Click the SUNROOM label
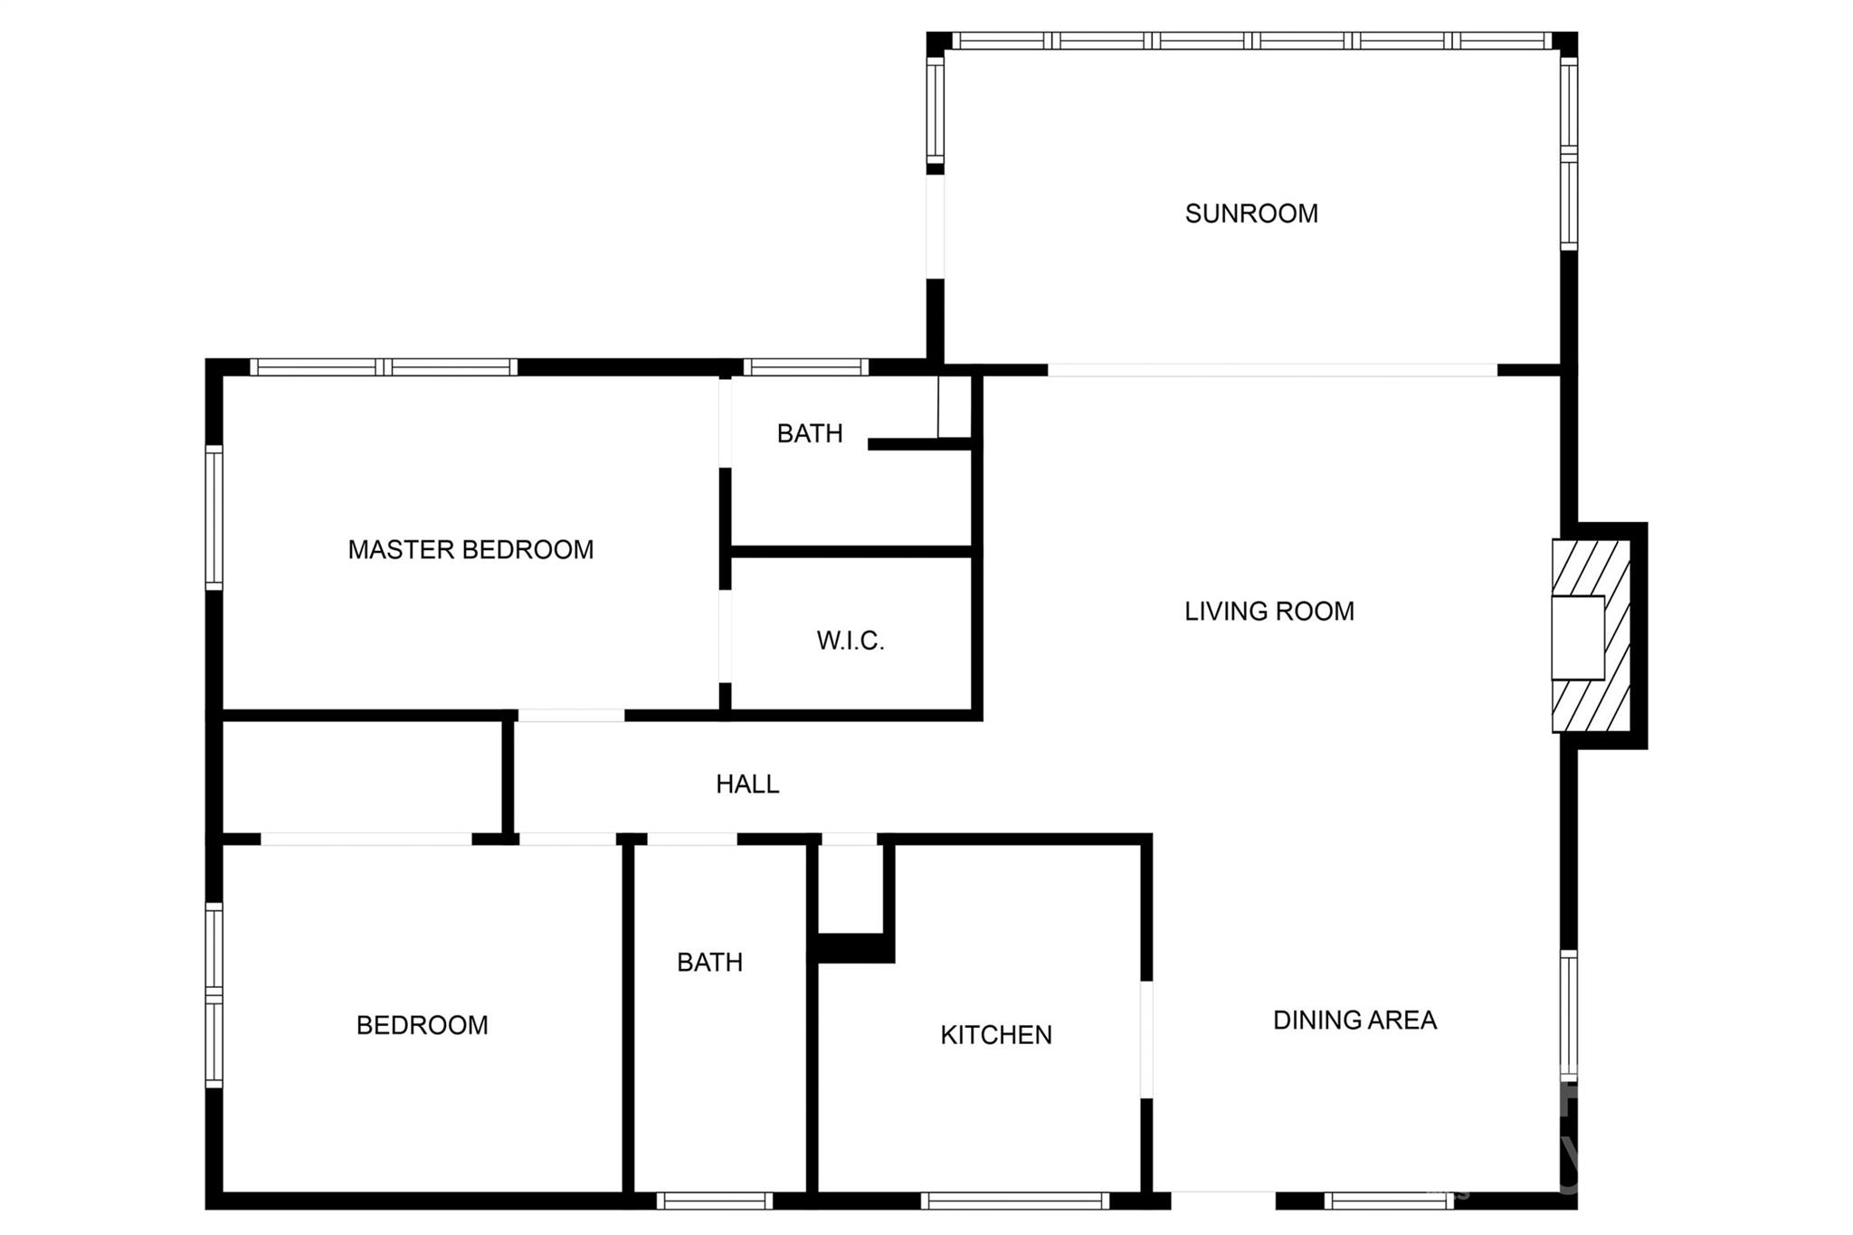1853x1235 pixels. coord(1250,214)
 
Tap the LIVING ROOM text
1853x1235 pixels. coord(1269,612)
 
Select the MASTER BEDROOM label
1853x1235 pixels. coord(470,549)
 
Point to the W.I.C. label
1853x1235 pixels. coord(850,641)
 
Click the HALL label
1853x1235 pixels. coord(747,784)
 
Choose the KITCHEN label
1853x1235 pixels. coord(995,1034)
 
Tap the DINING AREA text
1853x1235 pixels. coord(1354,1020)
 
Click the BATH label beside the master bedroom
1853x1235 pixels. coord(809,433)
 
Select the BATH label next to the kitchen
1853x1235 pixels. coord(709,962)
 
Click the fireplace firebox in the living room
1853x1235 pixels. coord(1577,637)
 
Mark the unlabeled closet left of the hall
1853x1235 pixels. coord(362,776)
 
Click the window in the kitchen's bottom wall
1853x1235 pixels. coord(1014,1201)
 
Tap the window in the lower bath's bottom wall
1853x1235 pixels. coord(714,1201)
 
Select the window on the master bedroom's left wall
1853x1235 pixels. coord(214,518)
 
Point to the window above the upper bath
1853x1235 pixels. coord(805,366)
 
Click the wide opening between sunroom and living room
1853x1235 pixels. coord(1271,370)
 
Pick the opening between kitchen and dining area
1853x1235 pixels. coord(1146,1039)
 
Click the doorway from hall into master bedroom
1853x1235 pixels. coord(570,716)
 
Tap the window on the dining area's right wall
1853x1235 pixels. coord(1569,1015)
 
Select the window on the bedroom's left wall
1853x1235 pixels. coord(214,995)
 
